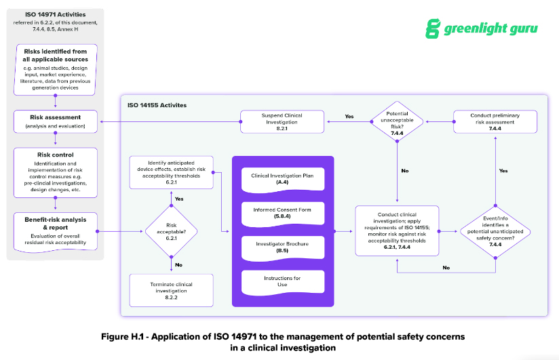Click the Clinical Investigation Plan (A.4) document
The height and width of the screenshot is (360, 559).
click(283, 179)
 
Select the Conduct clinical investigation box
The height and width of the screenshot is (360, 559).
click(398, 231)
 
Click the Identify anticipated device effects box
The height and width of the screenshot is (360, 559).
click(171, 172)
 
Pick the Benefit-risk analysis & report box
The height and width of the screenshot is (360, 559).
click(56, 231)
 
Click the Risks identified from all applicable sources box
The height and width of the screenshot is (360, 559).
click(56, 68)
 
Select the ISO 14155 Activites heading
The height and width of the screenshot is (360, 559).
click(157, 106)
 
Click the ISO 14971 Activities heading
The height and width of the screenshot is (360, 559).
click(55, 16)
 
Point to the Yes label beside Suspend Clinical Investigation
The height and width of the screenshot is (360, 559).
click(349, 117)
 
